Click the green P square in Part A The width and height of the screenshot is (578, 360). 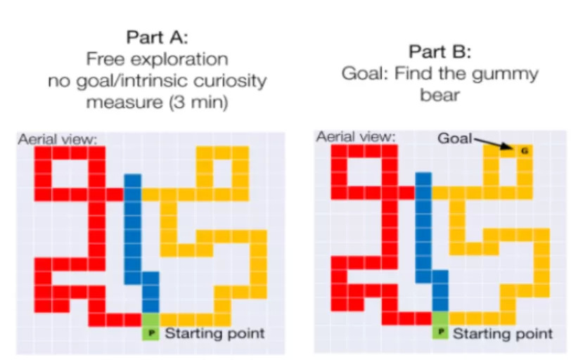(150, 332)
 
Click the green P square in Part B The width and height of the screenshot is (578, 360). (441, 332)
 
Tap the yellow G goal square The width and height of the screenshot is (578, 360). (523, 150)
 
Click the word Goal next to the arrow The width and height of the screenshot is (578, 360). (455, 139)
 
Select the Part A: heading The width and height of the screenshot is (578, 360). (157, 36)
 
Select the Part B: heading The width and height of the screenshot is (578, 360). (439, 51)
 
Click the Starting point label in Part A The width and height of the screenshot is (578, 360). (214, 333)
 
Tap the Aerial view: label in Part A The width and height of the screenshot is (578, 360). (60, 139)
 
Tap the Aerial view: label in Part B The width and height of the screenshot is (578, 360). (355, 136)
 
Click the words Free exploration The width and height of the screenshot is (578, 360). (157, 58)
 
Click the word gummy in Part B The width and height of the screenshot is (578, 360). (510, 73)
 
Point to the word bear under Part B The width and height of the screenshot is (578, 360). (440, 95)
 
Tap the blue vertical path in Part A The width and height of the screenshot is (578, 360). (133, 225)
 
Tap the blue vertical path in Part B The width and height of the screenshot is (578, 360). (423, 225)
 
